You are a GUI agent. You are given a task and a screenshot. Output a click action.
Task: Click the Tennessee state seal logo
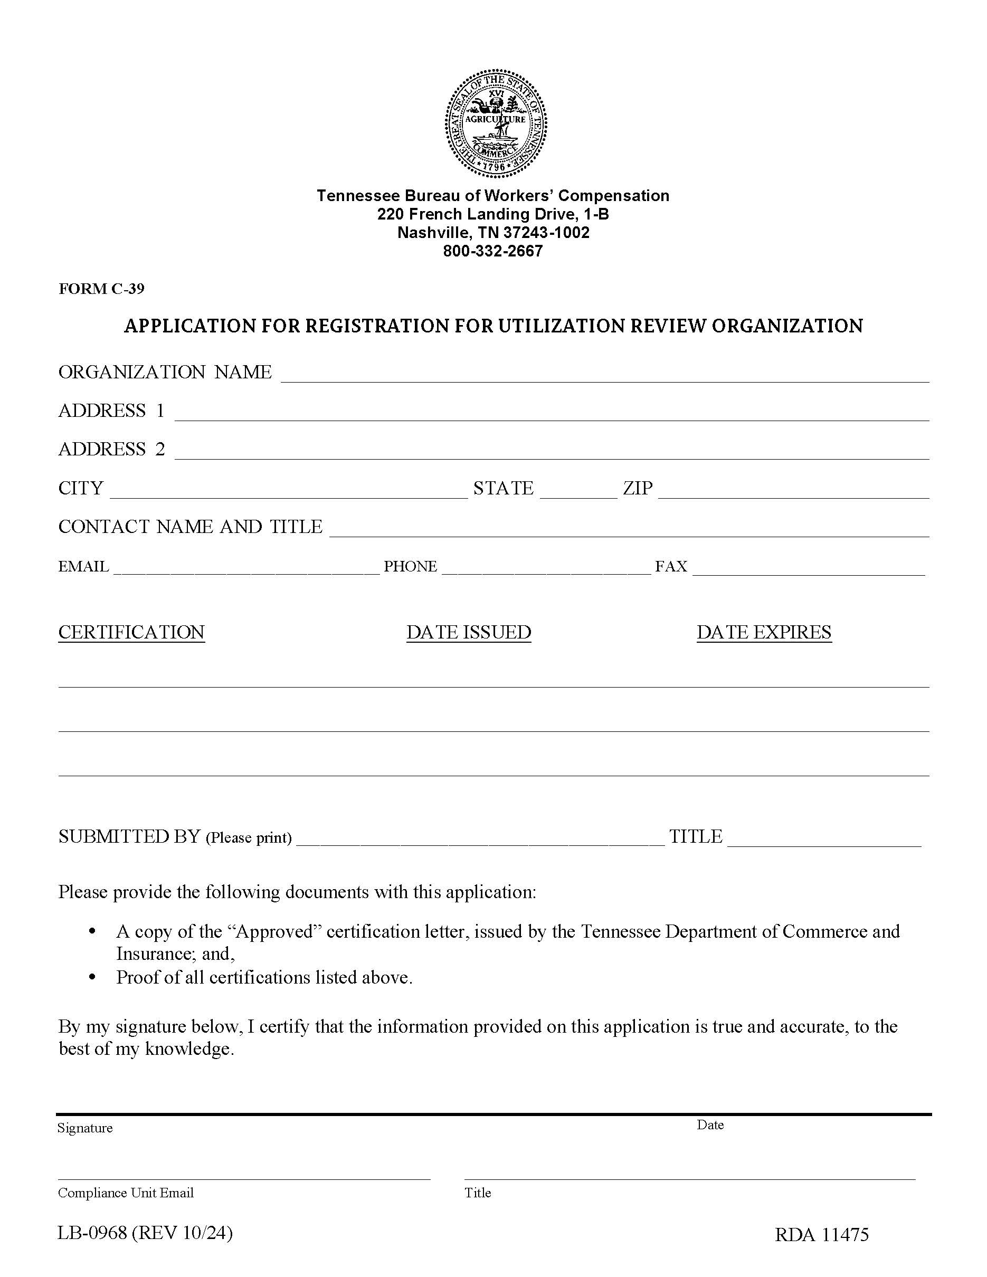495,124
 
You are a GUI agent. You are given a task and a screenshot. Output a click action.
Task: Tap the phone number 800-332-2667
493,251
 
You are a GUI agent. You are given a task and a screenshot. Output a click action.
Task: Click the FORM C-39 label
101,289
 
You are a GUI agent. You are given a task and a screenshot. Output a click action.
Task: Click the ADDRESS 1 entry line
552,413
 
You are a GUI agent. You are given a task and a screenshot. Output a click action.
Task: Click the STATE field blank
578,491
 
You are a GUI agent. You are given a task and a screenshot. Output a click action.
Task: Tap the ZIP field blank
793,491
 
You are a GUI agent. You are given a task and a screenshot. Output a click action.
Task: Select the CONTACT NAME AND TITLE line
629,529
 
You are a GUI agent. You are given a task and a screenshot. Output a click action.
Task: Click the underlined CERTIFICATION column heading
131,633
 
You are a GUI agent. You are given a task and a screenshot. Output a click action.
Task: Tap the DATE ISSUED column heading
469,633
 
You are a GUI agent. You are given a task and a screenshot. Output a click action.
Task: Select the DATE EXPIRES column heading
764,633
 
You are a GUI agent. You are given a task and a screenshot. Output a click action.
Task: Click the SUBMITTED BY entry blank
480,838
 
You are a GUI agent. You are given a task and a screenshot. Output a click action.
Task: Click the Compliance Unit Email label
126,1193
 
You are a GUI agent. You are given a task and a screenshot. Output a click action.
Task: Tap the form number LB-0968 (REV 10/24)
145,1233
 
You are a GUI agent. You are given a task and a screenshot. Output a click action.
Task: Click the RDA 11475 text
821,1235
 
